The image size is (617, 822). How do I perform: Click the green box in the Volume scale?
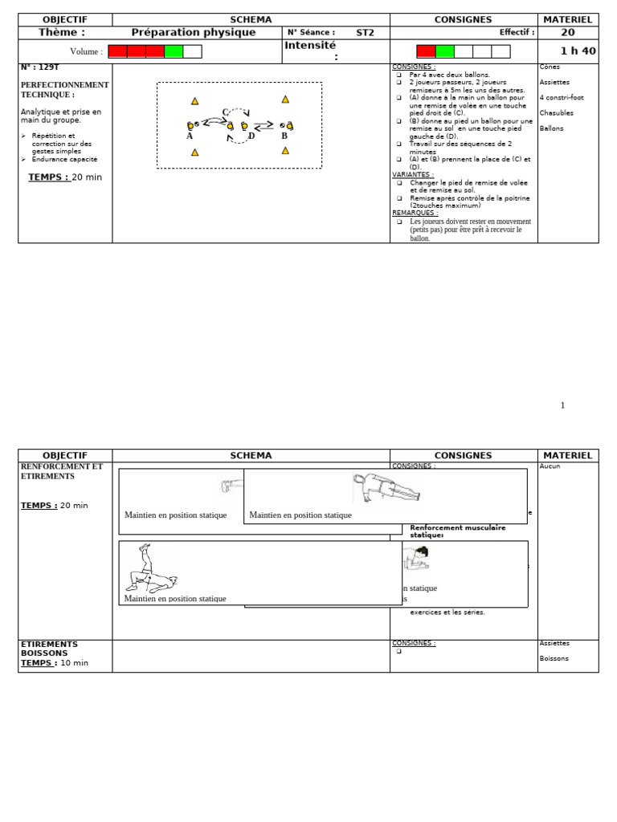pyautogui.click(x=174, y=51)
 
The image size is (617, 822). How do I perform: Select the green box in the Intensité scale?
pyautogui.click(x=445, y=51)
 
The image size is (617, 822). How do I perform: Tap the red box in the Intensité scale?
pyautogui.click(x=426, y=51)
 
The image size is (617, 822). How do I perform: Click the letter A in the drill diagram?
pyautogui.click(x=190, y=136)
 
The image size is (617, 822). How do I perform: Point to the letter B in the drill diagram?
pyautogui.click(x=284, y=136)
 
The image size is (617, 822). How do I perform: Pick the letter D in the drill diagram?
pyautogui.click(x=251, y=136)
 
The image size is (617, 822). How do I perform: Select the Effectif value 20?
pyautogui.click(x=567, y=32)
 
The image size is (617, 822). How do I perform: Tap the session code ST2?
pyautogui.click(x=366, y=33)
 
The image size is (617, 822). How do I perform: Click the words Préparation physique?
pyautogui.click(x=194, y=32)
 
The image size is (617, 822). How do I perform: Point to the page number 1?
pyautogui.click(x=562, y=405)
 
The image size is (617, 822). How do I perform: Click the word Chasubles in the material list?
pyautogui.click(x=557, y=113)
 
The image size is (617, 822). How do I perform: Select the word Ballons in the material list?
pyautogui.click(x=552, y=128)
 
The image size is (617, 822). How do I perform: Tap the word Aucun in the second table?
pyautogui.click(x=550, y=466)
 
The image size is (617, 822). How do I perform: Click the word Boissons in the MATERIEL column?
pyautogui.click(x=554, y=658)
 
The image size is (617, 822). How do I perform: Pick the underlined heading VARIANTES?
pyautogui.click(x=413, y=174)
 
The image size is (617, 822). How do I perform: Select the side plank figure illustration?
pyautogui.click(x=386, y=487)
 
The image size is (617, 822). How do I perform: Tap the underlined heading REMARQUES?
pyautogui.click(x=415, y=213)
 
